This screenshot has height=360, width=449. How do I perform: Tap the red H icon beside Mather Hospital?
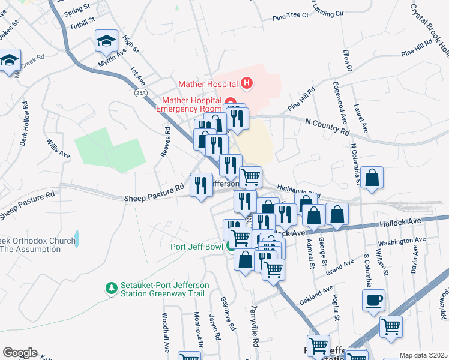pyautogui.click(x=246, y=83)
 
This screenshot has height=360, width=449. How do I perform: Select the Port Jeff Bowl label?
pyautogui.click(x=196, y=246)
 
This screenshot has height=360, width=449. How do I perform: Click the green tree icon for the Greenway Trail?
pyautogui.click(x=110, y=289)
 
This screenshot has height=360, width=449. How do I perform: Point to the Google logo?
pyautogui.click(x=20, y=353)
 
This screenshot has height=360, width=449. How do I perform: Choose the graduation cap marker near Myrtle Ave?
pyautogui.click(x=106, y=41)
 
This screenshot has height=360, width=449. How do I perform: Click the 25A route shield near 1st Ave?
pyautogui.click(x=141, y=93)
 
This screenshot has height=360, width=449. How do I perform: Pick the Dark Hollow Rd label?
pyautogui.click(x=25, y=123)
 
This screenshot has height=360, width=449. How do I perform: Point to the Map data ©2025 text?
pyautogui.click(x=423, y=355)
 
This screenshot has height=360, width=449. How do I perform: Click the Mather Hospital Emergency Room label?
pyautogui.click(x=188, y=104)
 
